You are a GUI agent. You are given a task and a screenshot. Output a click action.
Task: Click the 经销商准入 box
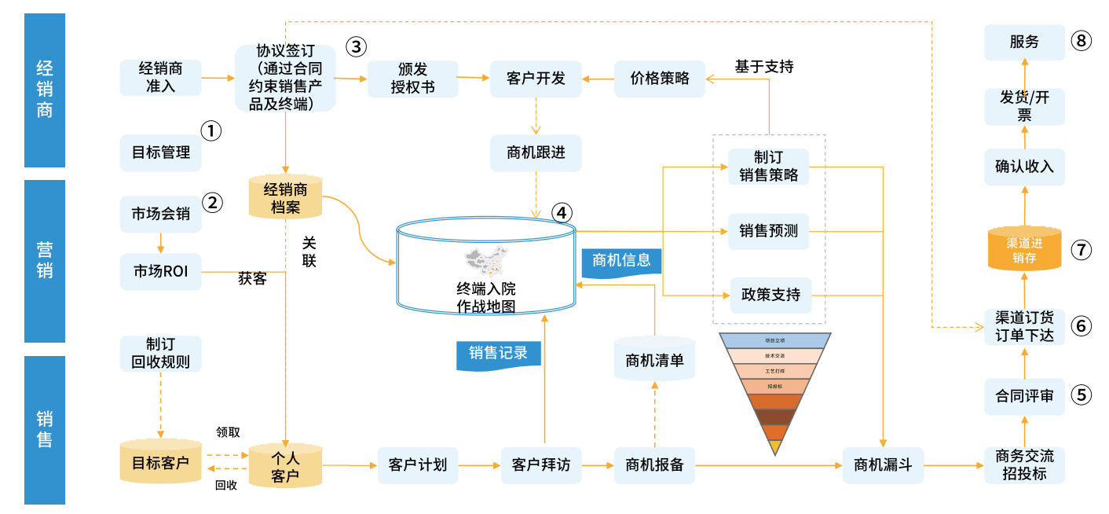pos(161,77)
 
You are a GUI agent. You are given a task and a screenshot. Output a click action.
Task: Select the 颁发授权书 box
pos(412,78)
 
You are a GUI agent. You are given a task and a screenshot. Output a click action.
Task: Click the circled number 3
pos(357,46)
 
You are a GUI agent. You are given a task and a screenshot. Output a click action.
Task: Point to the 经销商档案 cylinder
pos(286,197)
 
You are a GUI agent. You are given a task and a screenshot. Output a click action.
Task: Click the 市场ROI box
pos(161,272)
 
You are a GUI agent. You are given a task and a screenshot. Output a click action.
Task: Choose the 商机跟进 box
pos(536,152)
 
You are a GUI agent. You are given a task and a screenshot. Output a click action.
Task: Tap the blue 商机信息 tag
pos(621,261)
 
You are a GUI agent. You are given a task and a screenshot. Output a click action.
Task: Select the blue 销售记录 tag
pos(499,354)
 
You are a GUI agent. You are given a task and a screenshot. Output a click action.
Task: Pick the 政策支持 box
pos(770,295)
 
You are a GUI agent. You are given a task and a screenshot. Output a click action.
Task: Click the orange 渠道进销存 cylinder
pos(1024,248)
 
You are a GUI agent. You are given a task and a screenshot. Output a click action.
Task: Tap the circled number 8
pos(1082,42)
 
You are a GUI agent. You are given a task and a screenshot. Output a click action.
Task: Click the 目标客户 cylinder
pos(161,462)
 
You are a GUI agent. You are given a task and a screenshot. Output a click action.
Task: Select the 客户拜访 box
pos(540,464)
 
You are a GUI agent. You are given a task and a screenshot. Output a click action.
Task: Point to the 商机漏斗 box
pos(883,464)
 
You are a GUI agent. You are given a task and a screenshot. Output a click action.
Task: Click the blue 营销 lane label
pos(45,261)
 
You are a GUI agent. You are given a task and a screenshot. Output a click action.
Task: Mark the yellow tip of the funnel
pos(776,447)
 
